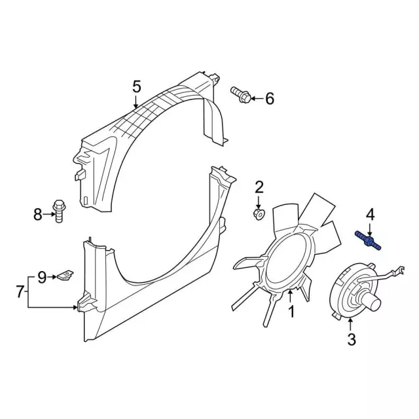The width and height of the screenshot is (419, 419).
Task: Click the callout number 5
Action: coord(137,87)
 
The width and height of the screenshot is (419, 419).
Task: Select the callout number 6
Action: coord(269,99)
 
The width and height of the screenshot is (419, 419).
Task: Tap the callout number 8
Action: coord(38,214)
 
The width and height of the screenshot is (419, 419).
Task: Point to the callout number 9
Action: coord(41,277)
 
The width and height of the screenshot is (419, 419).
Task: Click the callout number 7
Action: coord(20,291)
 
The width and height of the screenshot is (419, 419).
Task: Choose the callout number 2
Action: coord(259,187)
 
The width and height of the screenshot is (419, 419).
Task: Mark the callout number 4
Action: coord(370,215)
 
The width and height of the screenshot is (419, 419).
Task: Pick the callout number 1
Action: coord(291,312)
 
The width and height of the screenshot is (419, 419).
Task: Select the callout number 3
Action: coord(352,340)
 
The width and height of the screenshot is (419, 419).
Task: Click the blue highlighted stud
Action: coord(367,241)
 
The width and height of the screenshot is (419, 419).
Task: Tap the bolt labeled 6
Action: coord(241,94)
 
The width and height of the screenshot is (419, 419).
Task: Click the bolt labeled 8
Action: coord(59,211)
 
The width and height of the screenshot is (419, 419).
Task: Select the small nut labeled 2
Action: coord(259,214)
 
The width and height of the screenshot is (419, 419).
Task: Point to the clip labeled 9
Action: coord(65,275)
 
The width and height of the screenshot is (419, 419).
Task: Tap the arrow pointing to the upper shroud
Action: coord(136,101)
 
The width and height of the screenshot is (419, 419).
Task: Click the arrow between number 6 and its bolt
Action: coord(257,99)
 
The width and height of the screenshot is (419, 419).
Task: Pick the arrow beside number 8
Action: coord(48,214)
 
